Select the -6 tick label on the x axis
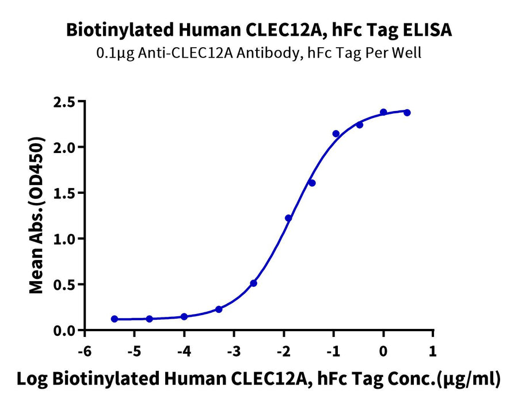coord(85,351)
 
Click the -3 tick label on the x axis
coord(233,351)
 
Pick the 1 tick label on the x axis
coord(433,351)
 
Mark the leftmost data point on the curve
coord(115,319)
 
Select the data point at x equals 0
coord(383,112)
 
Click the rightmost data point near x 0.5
coord(407,113)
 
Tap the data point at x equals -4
coord(184,317)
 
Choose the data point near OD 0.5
coord(253,283)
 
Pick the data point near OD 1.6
coord(312,183)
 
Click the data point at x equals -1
coord(336,133)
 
